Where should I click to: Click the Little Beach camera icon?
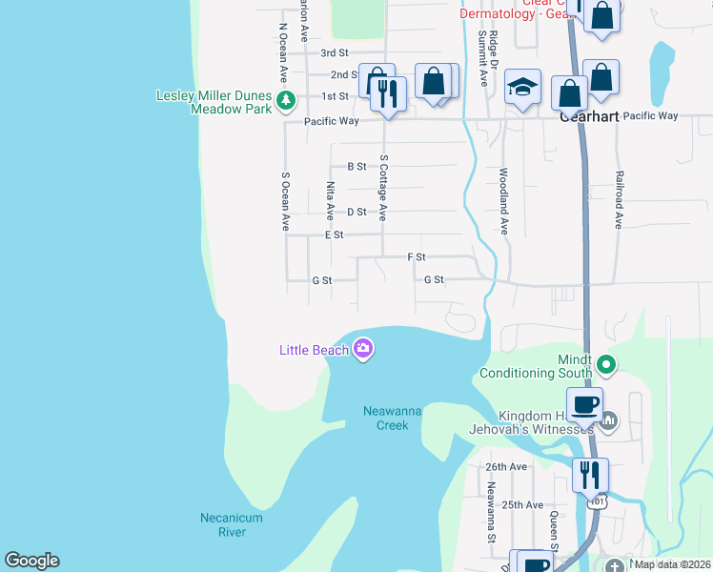click(x=362, y=350)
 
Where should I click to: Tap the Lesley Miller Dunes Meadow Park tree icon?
click(x=284, y=99)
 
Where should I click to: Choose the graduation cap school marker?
click(x=522, y=88)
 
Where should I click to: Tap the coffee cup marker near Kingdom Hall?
click(x=585, y=404)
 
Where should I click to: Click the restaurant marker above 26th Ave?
click(x=590, y=474)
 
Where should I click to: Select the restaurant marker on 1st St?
click(x=388, y=92)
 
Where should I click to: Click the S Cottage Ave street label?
click(x=383, y=188)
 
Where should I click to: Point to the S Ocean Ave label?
click(x=284, y=201)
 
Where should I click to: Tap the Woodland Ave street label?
click(x=503, y=202)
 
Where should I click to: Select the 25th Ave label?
click(x=521, y=504)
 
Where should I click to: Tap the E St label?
click(x=334, y=235)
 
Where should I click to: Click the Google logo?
click(x=31, y=561)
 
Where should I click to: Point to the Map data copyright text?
click(x=673, y=564)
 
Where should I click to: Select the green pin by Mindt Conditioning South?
click(x=603, y=363)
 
